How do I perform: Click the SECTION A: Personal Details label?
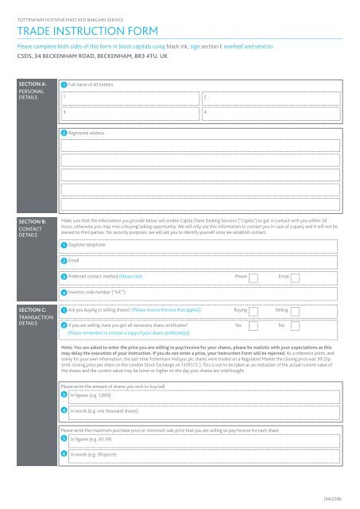pos(32,90)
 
